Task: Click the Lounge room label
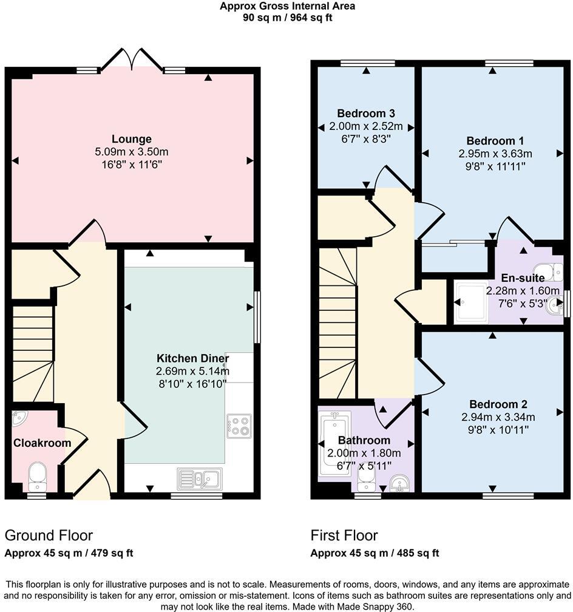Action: [x=131, y=139]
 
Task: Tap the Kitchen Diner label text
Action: [x=192, y=358]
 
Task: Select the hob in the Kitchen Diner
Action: [x=239, y=425]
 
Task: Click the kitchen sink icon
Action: [x=200, y=478]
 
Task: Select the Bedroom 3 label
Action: [x=366, y=113]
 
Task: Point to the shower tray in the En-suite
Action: [x=470, y=301]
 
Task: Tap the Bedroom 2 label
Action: [x=498, y=404]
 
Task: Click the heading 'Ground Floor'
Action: [x=49, y=535]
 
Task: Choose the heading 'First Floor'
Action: [x=344, y=535]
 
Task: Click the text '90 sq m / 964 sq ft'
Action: [x=287, y=18]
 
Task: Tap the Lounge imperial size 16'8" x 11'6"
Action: [x=131, y=164]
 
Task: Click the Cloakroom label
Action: [x=42, y=443]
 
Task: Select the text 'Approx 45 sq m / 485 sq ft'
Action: [x=375, y=553]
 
